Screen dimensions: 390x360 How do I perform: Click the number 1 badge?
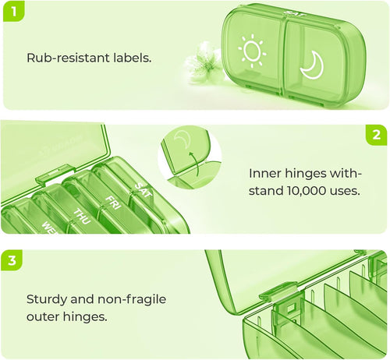tap(13, 11)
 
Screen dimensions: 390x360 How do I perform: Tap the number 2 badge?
tap(376, 135)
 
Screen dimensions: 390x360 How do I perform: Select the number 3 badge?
tap(12, 260)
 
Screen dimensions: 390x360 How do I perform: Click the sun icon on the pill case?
tap(252, 51)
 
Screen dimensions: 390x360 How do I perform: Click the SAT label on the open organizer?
tap(143, 190)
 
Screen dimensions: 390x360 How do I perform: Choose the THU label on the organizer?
tap(82, 217)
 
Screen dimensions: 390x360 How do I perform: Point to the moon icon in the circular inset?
tap(183, 138)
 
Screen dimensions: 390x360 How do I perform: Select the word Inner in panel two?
tap(265, 174)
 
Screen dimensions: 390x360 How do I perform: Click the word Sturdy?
tap(47, 299)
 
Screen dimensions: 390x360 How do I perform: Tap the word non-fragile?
tap(132, 299)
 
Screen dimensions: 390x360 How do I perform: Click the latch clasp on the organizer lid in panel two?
tap(53, 174)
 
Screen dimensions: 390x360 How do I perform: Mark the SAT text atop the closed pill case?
tap(294, 14)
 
